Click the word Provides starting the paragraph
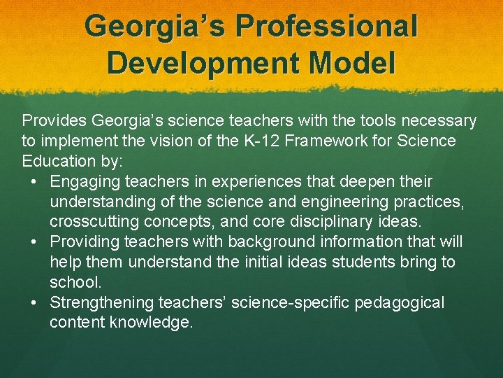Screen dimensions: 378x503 tap(54, 121)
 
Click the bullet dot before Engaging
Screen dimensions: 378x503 tap(34, 182)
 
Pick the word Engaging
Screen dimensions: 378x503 tap(85, 182)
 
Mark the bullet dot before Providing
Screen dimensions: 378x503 tap(34, 242)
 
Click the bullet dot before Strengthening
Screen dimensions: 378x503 tap(34, 303)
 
